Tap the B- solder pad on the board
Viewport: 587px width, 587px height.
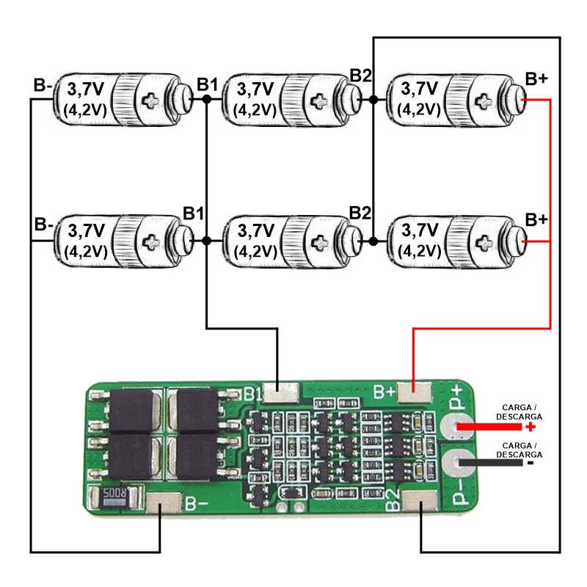(163, 503)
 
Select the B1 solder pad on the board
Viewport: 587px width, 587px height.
(281, 393)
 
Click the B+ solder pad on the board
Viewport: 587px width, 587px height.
(415, 393)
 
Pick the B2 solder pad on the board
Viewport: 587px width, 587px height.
(420, 500)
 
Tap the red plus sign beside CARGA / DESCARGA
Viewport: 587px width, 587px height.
(531, 427)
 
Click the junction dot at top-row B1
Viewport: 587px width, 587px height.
(206, 99)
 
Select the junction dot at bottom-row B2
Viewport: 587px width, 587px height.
(373, 241)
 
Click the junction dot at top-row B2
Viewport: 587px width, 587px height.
(373, 99)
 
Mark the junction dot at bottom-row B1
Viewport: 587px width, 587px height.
(206, 241)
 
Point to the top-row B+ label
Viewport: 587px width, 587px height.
(537, 79)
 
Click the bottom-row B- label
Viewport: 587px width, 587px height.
(44, 225)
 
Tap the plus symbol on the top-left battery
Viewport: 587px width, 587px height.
(150, 101)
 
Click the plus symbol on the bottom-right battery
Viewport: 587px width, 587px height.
(484, 242)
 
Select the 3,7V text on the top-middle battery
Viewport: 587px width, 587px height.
(255, 89)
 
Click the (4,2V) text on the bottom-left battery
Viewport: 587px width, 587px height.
(86, 252)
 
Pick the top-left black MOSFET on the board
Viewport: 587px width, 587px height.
(131, 411)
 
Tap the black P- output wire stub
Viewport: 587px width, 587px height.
(490, 463)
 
